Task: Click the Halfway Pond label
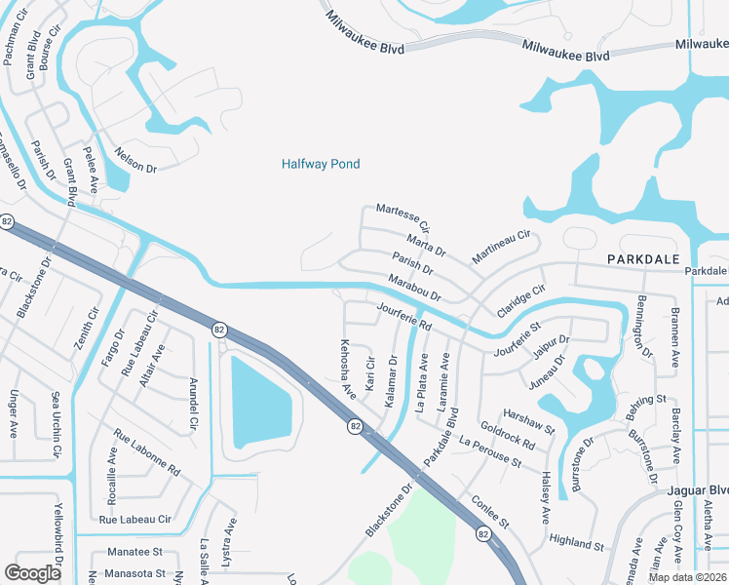321,164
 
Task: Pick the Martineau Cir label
501,247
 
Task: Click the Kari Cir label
369,374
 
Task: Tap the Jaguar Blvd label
699,489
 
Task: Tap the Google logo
32,572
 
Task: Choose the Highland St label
577,542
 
